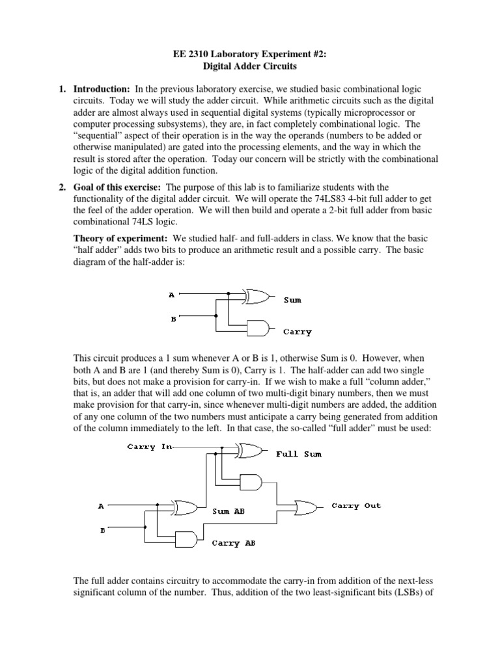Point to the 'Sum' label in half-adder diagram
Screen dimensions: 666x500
coord(292,300)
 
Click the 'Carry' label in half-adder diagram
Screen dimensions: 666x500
coord(298,332)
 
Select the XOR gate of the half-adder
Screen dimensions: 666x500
coord(257,296)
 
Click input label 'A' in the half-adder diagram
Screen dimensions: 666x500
coord(172,295)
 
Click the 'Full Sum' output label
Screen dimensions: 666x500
coord(299,454)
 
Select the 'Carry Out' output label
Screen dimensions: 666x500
coord(356,505)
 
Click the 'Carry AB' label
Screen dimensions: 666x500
coord(234,543)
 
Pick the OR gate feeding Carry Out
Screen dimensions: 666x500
coord(307,507)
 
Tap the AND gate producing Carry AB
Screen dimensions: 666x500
coord(187,539)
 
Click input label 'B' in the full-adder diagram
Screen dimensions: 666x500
coord(103,530)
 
